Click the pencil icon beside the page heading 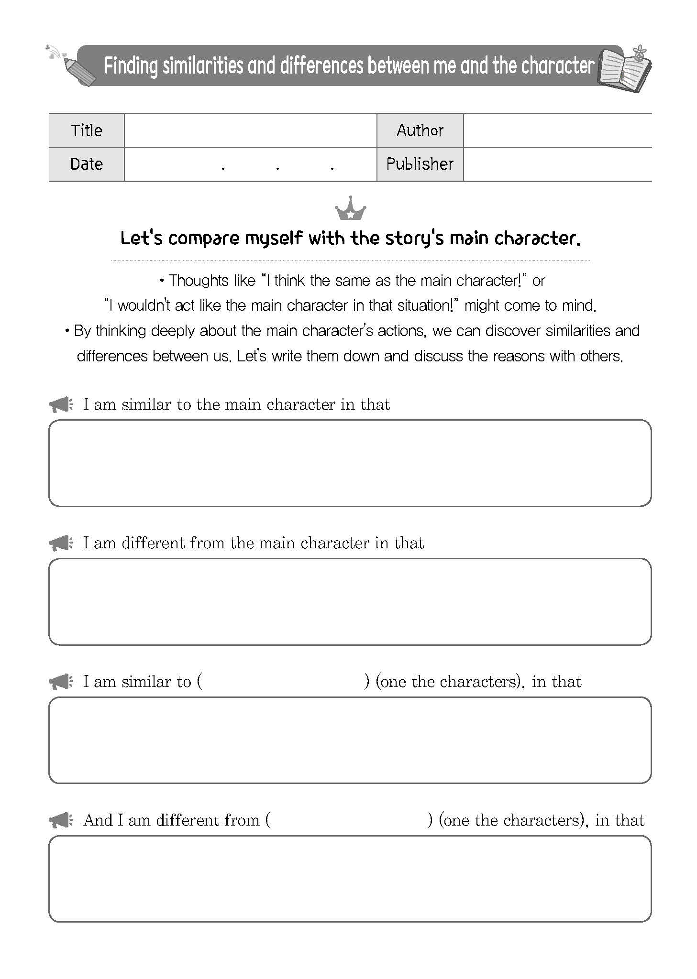pos(79,72)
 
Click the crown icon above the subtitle pos(351,209)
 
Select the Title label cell pos(87,131)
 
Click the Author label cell pos(420,131)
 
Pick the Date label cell pos(87,164)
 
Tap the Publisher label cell pos(420,164)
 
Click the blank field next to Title pos(250,131)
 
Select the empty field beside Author pos(557,131)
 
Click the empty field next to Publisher pos(557,164)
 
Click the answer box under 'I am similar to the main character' pos(350,463)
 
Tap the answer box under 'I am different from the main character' pos(350,601)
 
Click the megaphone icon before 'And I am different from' pos(61,821)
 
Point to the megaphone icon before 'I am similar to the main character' pos(61,405)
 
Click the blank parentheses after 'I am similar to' pos(283,681)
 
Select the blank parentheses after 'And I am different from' pos(349,820)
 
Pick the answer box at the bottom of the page pos(350,879)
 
